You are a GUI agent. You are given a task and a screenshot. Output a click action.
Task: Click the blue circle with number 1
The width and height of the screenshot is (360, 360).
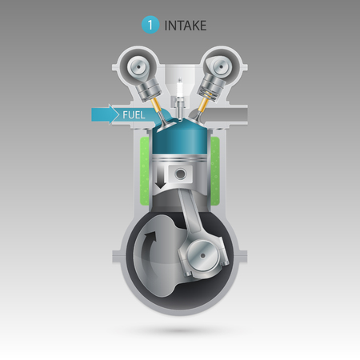coord(150,25)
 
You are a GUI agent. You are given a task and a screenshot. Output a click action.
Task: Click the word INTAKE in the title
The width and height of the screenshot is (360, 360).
coord(186,26)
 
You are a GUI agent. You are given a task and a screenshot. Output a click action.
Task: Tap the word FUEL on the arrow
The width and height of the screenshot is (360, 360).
coord(134,115)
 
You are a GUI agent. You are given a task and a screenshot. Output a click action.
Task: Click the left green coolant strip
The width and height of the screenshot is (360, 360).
coord(142,170)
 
